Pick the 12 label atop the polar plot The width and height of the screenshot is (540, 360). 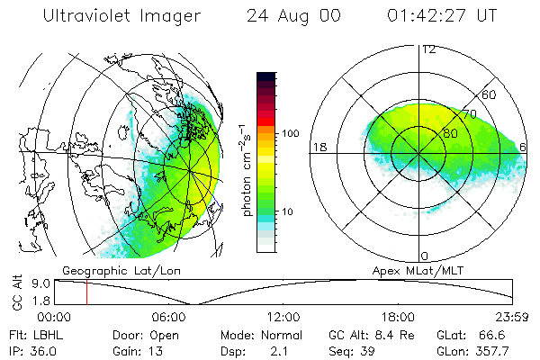[428, 49]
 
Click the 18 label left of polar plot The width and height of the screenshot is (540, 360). [319, 147]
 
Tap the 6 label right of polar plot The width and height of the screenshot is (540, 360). [524, 147]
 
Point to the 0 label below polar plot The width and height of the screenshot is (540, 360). [425, 256]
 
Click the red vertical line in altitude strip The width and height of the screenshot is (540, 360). [86, 292]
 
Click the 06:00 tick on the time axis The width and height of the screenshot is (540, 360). [168, 317]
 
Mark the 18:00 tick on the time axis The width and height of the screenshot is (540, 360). [398, 317]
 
